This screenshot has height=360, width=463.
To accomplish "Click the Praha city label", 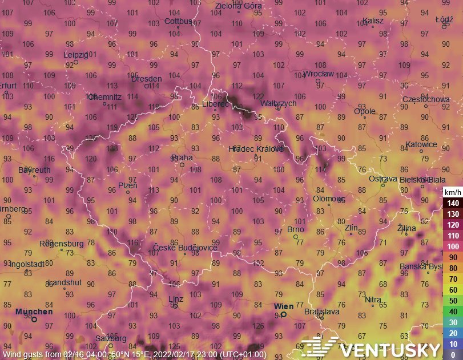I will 183,157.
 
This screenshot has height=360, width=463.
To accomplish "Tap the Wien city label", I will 284,306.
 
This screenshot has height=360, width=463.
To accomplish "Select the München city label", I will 34,312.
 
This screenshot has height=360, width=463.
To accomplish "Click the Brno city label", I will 295,229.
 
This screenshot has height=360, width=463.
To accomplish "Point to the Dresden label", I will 147,79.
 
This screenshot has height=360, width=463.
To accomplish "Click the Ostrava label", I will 383,179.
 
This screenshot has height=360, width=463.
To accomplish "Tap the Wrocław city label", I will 319,74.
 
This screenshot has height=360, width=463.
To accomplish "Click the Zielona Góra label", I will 239,6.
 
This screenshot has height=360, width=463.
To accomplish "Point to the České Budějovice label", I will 185,247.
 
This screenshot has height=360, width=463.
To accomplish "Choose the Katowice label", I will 421,144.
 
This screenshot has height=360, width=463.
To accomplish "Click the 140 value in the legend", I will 453,203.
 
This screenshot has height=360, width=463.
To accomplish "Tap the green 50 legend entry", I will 453,301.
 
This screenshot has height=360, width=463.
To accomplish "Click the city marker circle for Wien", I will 284,314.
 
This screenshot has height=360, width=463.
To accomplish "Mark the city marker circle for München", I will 34,319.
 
